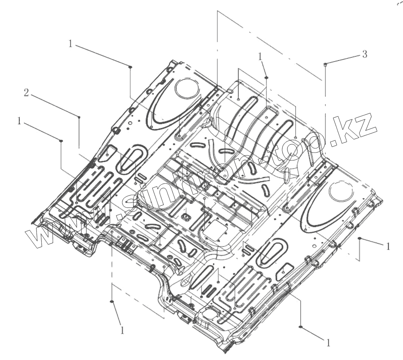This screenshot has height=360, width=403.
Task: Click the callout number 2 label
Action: click(26, 93)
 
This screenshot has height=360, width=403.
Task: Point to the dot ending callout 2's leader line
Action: click(79, 117)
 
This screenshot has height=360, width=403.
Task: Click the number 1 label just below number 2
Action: click(19, 121)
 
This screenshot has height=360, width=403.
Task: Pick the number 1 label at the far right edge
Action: click(388, 246)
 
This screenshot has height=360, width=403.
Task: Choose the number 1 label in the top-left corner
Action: click(71, 44)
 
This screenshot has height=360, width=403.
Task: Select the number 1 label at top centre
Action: click(260, 57)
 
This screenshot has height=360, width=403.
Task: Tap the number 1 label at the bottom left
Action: click(122, 330)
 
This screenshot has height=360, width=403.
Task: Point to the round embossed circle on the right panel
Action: click(341, 191)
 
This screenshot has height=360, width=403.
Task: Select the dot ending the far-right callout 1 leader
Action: click(360, 238)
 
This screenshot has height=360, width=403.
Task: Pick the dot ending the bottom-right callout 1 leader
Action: click(301, 327)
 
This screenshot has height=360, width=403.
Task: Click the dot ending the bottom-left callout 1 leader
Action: click(111, 301)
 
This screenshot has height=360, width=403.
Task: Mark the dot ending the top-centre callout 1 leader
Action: click(267, 77)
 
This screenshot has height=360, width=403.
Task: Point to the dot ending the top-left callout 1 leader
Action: click(130, 67)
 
